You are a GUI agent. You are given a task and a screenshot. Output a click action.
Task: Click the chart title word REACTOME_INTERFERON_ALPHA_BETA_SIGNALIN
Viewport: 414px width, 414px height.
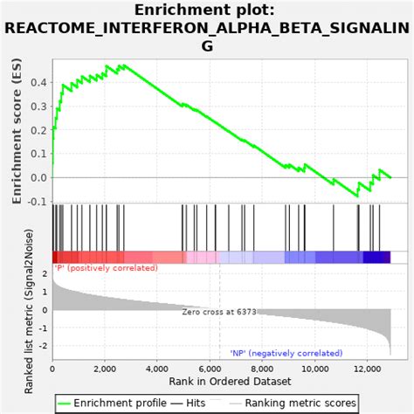(206, 29)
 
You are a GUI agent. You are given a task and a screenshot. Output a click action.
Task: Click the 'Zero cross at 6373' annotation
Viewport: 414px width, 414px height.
(218, 312)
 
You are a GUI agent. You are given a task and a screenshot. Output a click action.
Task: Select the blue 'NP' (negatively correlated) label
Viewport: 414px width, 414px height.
(286, 353)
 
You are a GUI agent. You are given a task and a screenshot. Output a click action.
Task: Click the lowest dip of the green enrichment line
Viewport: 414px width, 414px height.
(357, 197)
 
